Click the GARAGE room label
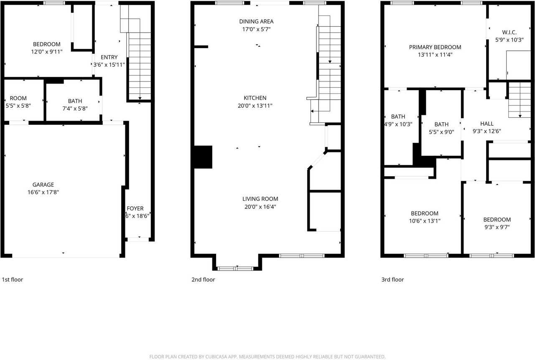point(43,185)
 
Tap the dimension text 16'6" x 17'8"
point(43,193)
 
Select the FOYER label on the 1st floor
point(135,208)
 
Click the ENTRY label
point(109,57)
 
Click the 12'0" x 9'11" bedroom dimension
point(47,52)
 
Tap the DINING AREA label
point(256,21)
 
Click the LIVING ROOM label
point(260,199)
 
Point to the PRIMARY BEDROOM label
point(435,47)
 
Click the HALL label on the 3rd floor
point(487,124)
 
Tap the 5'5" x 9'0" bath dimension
point(441,132)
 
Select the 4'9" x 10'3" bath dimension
point(397,124)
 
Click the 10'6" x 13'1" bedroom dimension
point(424,221)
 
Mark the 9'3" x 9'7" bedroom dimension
point(497,227)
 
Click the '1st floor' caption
point(13,279)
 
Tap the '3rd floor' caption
point(392,279)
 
